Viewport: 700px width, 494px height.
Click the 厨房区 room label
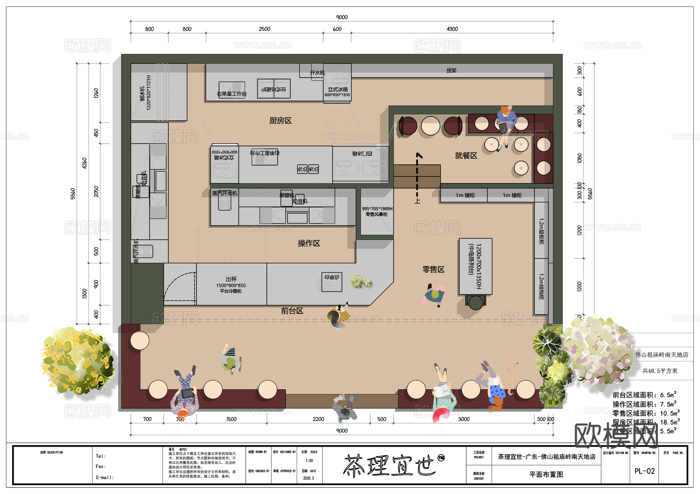280,121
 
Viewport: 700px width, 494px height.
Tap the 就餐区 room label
466,156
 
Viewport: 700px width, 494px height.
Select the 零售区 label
433,270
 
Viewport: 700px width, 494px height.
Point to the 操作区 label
309,244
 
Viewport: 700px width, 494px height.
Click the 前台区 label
292,311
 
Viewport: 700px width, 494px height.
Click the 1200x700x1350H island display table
475,266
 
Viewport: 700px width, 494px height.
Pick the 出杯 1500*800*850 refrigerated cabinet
231,285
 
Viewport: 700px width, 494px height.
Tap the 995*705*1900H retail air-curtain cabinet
377,212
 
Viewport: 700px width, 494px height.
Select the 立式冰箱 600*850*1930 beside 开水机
337,91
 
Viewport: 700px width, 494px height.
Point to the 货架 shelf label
451,71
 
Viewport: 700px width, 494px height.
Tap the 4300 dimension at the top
452,29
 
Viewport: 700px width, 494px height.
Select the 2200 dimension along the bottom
318,419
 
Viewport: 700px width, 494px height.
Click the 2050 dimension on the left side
96,191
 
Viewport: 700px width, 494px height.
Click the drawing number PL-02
644,471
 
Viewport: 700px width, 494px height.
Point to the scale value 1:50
309,461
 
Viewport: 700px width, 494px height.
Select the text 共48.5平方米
660,371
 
